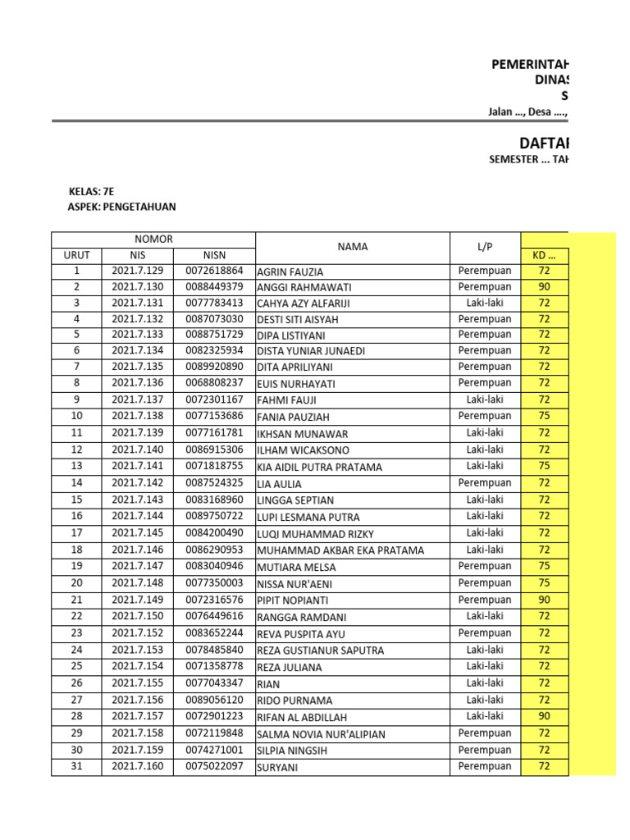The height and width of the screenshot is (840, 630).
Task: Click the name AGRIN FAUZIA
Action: tap(290, 272)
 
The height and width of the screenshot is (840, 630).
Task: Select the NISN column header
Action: tap(214, 255)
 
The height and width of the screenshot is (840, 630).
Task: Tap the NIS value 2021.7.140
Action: tap(138, 450)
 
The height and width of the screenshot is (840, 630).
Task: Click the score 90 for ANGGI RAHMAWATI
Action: tap(544, 287)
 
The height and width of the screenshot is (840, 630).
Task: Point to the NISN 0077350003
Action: tap(214, 583)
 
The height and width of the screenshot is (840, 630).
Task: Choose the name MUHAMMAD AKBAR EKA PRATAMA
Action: tap(341, 550)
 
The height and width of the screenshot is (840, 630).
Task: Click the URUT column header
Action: tap(76, 255)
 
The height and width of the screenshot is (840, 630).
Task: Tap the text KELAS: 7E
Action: tap(90, 191)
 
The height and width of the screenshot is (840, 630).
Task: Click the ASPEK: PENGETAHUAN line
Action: tap(121, 207)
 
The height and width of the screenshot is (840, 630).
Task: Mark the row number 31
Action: tap(76, 767)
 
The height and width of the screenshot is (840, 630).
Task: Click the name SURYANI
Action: tap(278, 768)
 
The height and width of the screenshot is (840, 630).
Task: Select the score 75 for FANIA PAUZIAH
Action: tap(544, 416)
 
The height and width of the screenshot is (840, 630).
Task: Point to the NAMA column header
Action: tap(352, 247)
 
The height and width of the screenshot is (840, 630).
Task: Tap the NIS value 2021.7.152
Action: tap(138, 633)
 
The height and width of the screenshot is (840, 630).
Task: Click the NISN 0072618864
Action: tap(214, 271)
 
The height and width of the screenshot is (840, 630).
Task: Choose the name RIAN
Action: tap(268, 684)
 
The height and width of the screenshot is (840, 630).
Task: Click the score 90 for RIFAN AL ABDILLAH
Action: tap(544, 716)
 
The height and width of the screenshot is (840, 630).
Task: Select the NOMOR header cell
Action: tap(153, 240)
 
